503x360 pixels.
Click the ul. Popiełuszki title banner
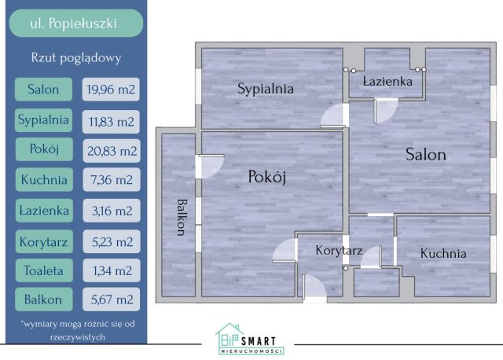pos(76,23)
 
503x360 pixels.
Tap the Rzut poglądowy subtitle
pos(76,57)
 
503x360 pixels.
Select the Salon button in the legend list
pos(43,89)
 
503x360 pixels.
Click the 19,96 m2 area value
pos(111,89)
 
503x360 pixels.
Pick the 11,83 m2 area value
pos(111,120)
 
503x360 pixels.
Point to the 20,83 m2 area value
pos(111,150)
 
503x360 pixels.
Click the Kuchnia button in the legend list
pos(43,180)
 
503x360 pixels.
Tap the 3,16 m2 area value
pos(111,211)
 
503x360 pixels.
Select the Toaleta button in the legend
pos(43,270)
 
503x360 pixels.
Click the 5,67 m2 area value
pos(111,299)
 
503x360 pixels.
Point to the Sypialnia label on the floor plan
pos(266,89)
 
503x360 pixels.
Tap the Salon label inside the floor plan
pos(425,155)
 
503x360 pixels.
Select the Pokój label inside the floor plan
pos(266,177)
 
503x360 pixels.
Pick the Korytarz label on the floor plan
pos(338,252)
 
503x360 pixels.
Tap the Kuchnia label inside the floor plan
pos(442,253)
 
